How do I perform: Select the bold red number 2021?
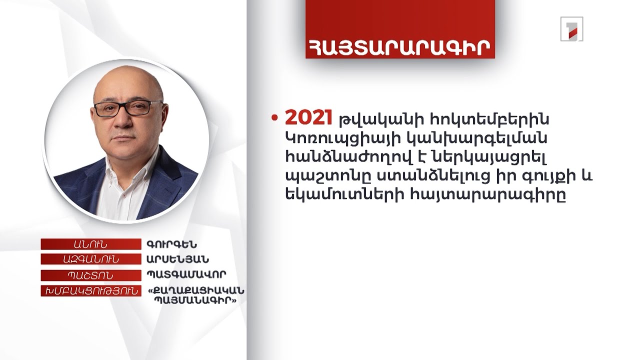(x=308, y=118)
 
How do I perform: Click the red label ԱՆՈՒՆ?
(x=90, y=244)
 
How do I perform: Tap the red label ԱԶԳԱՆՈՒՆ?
(x=90, y=259)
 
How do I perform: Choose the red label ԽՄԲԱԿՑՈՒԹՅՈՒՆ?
(x=90, y=290)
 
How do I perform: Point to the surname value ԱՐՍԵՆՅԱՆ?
(x=177, y=259)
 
